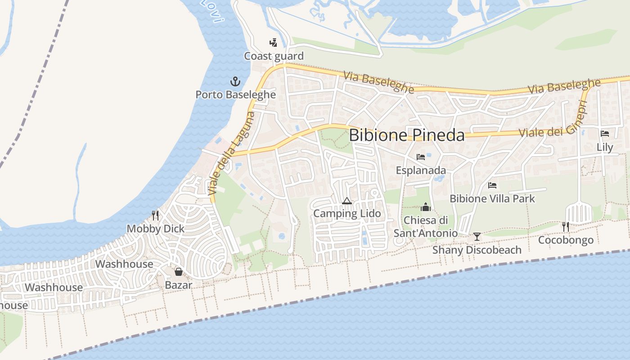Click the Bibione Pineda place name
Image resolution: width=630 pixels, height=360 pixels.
tap(406, 135)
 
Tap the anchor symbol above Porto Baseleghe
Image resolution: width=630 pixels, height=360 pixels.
tap(235, 81)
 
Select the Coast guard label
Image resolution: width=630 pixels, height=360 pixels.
tap(274, 56)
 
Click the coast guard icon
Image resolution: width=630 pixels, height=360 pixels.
tap(273, 43)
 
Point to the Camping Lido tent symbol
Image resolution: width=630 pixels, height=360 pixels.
tap(346, 201)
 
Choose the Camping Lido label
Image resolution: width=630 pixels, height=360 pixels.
tap(347, 213)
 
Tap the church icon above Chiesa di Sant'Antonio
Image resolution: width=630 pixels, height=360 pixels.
tap(425, 207)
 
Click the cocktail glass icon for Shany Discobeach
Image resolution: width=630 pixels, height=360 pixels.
tap(477, 236)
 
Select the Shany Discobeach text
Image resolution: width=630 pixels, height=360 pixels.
tap(477, 250)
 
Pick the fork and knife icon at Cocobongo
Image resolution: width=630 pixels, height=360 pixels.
tap(566, 226)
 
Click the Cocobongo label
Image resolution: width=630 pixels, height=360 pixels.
tap(566, 240)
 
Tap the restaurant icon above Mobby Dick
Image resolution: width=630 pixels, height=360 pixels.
tap(155, 215)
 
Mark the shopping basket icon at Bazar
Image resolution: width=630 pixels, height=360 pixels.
tap(179, 271)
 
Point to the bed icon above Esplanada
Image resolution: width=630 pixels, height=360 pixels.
tap(421, 157)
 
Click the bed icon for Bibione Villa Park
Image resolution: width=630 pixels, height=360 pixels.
tap(492, 185)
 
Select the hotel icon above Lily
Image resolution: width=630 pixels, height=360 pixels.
tap(605, 134)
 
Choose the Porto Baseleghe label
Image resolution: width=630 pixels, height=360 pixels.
tap(235, 94)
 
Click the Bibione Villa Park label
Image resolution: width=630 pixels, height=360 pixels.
tap(492, 198)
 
